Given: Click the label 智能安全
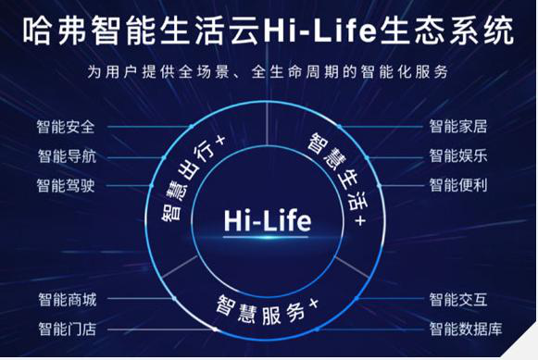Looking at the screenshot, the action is pos(67,126).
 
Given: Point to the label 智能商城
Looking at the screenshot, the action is pos(67,299).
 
